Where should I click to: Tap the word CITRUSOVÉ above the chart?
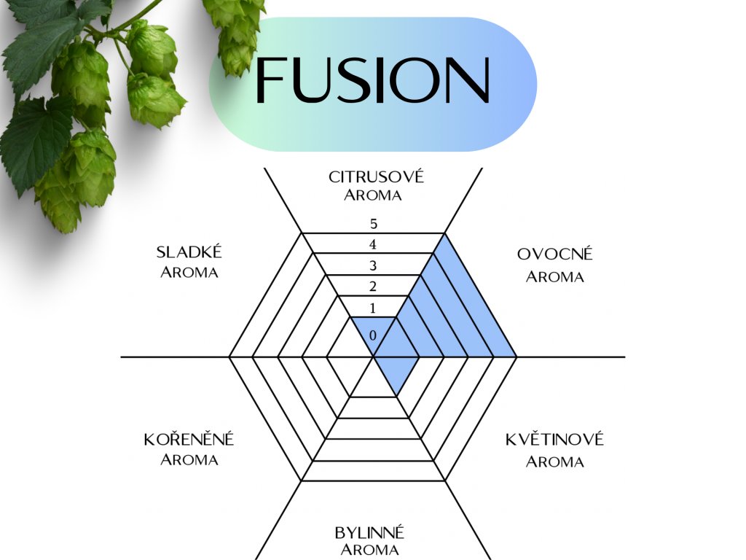click(x=376, y=176)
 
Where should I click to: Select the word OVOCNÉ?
click(x=555, y=254)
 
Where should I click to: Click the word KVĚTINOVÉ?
click(x=554, y=440)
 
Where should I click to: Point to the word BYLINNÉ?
click(x=369, y=532)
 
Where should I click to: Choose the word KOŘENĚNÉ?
click(x=189, y=440)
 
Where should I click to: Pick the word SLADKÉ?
click(x=189, y=252)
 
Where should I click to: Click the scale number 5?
click(x=373, y=224)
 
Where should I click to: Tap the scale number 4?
click(x=373, y=244)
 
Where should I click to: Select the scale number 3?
click(x=373, y=265)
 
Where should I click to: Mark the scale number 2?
click(x=373, y=285)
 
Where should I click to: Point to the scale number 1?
click(x=373, y=308)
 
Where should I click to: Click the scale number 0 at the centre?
click(x=373, y=335)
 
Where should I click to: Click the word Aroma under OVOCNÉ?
click(x=555, y=277)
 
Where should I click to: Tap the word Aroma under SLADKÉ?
click(x=189, y=273)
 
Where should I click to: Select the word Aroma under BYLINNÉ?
click(x=369, y=550)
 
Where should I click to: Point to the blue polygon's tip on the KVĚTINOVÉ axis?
click(x=397, y=396)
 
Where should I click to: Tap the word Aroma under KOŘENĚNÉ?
click(x=189, y=460)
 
